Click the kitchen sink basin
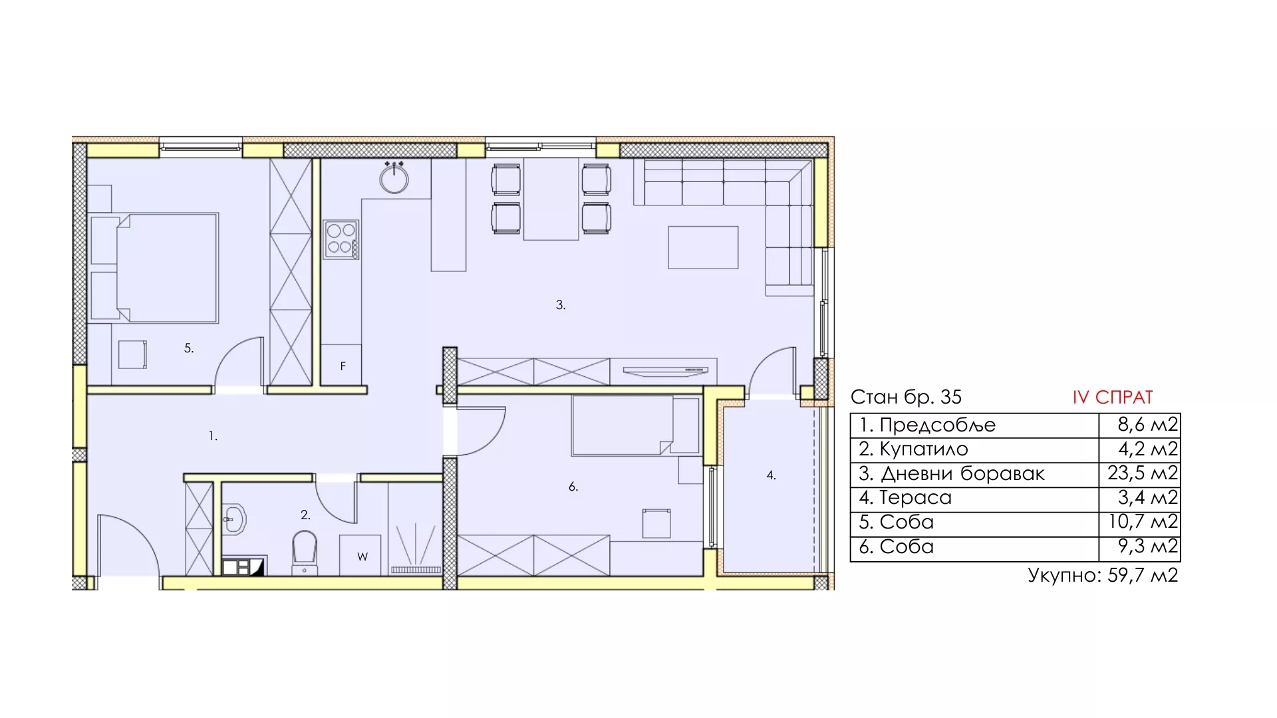394,178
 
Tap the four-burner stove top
341,240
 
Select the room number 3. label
561,305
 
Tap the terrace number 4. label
771,475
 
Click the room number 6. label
573,487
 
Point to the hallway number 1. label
213,436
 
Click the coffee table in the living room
703,247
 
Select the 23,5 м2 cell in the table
1143,473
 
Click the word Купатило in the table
924,449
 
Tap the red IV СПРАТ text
1113,398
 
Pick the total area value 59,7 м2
1143,575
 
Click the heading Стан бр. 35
906,398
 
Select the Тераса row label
915,497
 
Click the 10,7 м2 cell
1143,521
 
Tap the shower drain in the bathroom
416,570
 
